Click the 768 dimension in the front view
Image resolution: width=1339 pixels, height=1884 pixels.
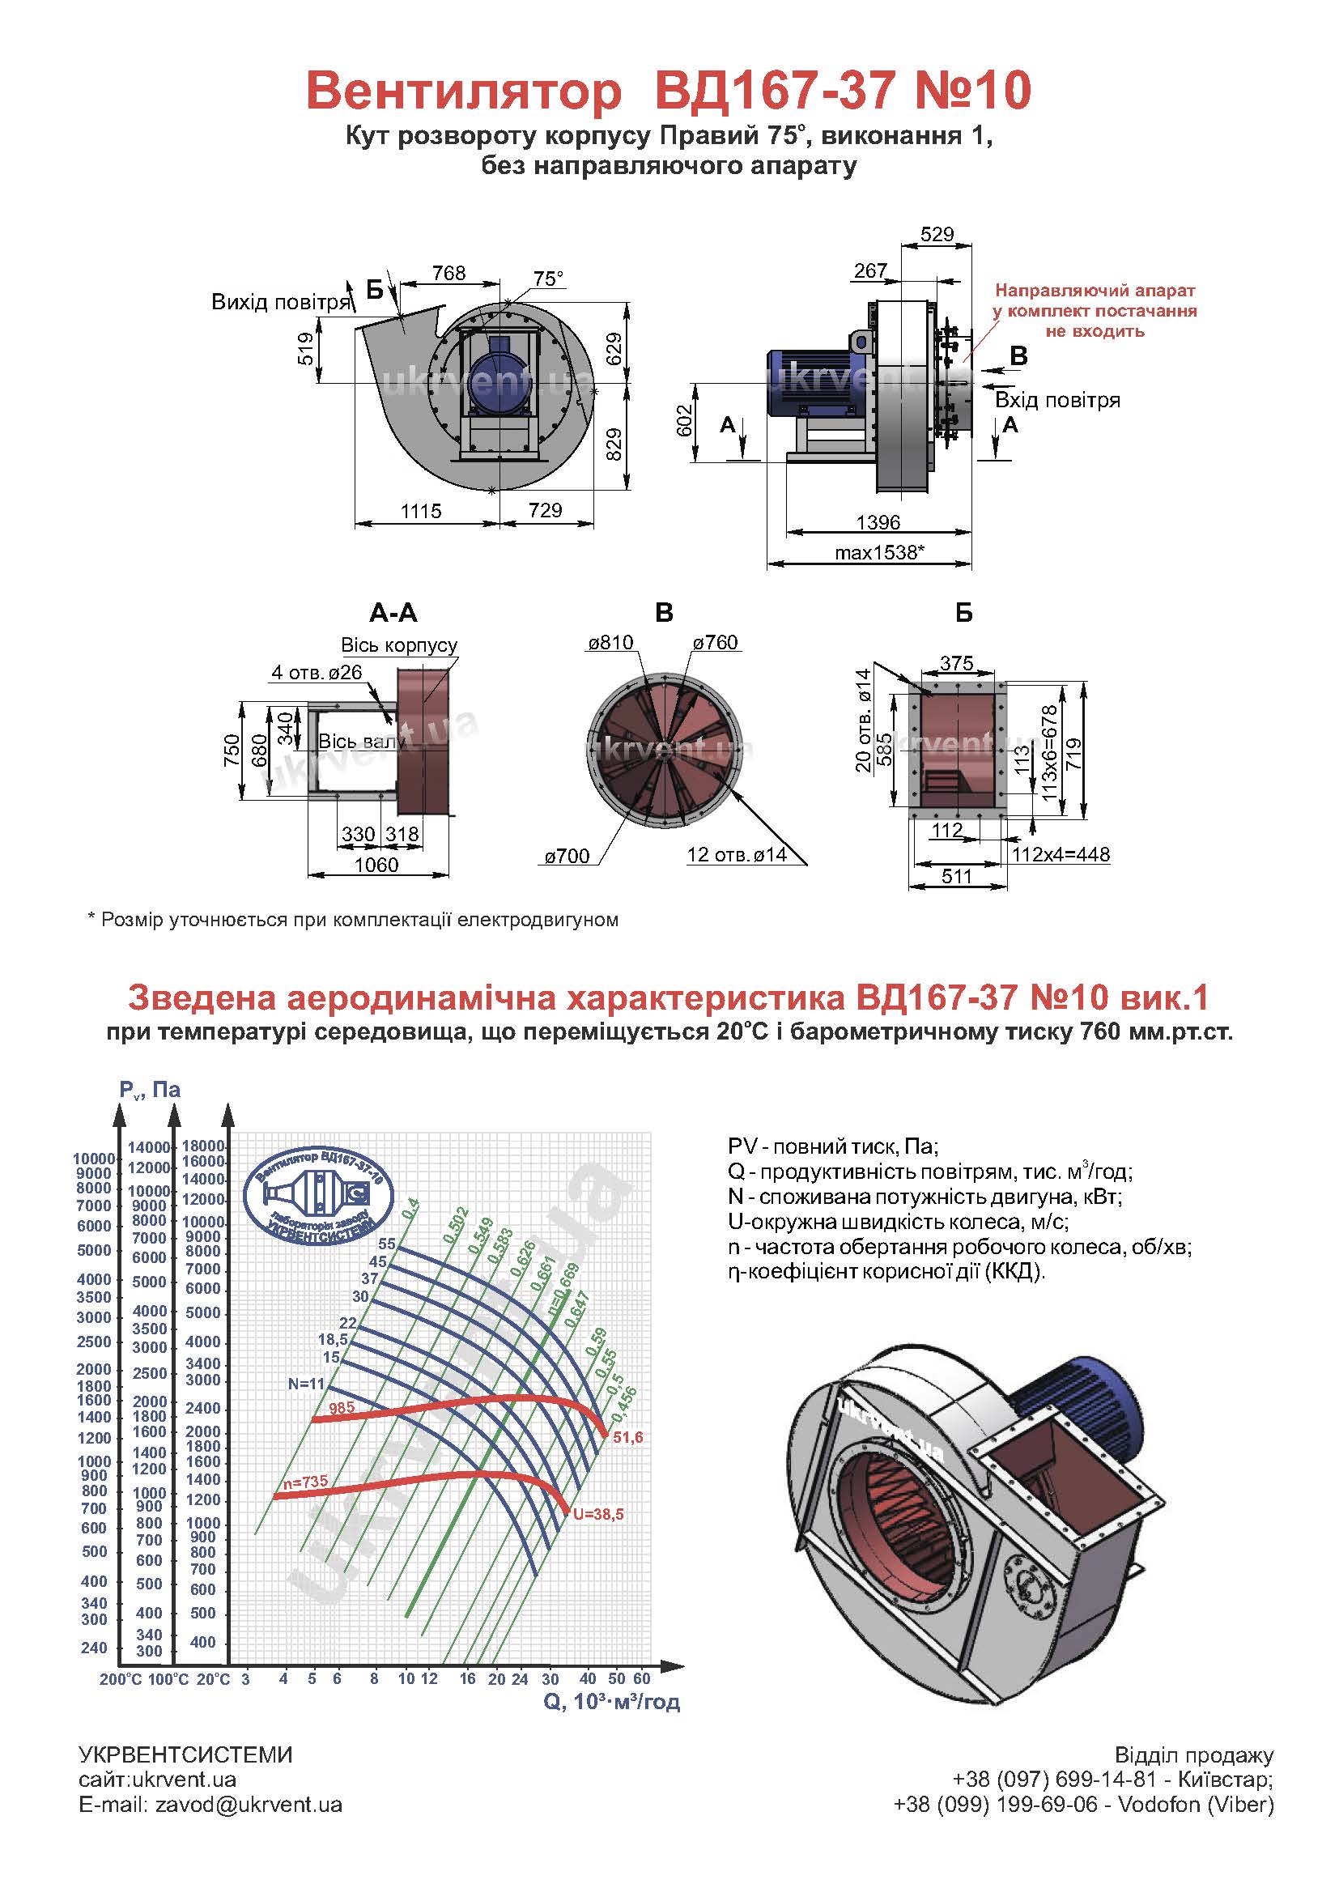pyautogui.click(x=448, y=273)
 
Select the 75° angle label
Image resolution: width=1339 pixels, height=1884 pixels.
pyautogui.click(x=548, y=279)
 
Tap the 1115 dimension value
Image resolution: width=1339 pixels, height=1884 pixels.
pyautogui.click(x=421, y=511)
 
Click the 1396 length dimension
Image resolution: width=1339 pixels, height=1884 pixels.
pyautogui.click(x=878, y=523)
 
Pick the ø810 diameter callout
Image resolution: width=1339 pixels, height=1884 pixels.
pyautogui.click(x=610, y=642)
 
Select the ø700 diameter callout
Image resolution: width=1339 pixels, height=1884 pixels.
pyautogui.click(x=567, y=856)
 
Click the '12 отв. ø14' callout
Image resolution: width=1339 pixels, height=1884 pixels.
pyautogui.click(x=736, y=855)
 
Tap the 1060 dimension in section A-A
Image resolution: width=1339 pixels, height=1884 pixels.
pyautogui.click(x=376, y=865)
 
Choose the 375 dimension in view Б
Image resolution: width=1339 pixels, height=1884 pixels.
pyautogui.click(x=956, y=663)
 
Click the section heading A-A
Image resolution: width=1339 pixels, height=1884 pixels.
pyautogui.click(x=393, y=613)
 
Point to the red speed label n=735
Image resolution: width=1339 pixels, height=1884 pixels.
pyautogui.click(x=305, y=1482)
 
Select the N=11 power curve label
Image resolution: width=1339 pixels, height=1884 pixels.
pyautogui.click(x=306, y=1384)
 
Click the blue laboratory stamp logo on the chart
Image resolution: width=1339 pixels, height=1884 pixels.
pyautogui.click(x=319, y=1197)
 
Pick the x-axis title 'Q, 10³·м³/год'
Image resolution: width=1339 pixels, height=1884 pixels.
pyautogui.click(x=611, y=1701)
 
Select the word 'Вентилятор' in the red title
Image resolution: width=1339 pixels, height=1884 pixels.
pyautogui.click(x=463, y=91)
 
